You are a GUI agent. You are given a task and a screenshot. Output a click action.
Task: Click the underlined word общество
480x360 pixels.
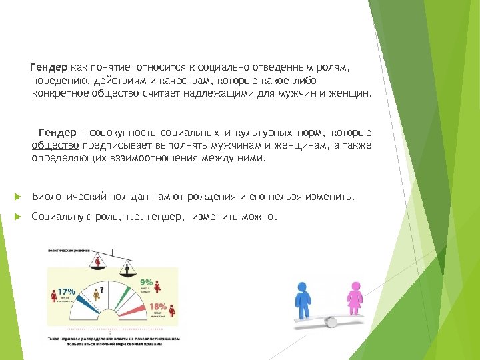[55, 145]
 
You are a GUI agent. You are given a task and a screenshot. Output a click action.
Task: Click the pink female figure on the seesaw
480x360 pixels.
[355, 299]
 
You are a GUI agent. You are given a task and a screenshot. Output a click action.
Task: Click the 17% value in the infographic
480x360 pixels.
[66, 291]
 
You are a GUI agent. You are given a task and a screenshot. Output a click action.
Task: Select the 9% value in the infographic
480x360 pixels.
[146, 283]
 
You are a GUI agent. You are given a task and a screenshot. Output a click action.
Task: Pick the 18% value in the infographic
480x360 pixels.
[158, 305]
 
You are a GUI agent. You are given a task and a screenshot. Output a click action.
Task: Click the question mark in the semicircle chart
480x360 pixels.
[100, 291]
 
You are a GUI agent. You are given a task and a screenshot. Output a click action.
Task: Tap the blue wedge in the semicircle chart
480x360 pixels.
[85, 304]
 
